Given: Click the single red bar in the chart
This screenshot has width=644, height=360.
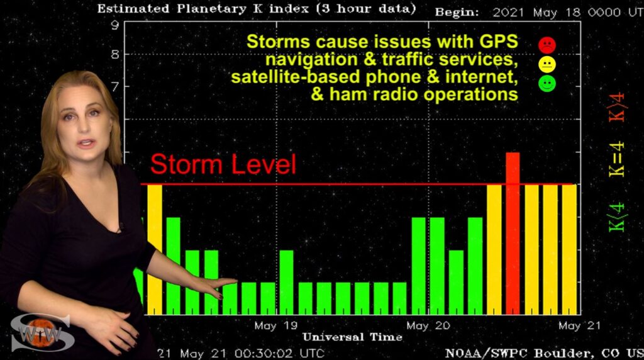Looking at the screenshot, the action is click(513, 233).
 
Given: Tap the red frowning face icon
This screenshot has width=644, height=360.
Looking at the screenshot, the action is click(547, 45).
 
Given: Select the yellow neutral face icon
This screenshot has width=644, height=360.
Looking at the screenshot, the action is click(547, 65).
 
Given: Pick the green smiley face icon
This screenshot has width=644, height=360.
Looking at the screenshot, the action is click(547, 84).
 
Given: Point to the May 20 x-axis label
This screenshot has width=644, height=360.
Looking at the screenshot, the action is click(428, 326).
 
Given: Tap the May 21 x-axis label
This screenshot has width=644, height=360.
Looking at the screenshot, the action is click(579, 326).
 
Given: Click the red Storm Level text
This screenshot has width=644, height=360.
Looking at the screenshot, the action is click(223, 164).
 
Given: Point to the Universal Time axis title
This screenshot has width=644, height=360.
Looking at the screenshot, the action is click(352, 337).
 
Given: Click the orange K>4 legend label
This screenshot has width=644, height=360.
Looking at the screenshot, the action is click(616, 107).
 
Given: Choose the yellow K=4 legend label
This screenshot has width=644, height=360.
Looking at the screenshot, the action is click(616, 159).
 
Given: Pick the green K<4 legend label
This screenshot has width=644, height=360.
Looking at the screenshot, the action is click(616, 217).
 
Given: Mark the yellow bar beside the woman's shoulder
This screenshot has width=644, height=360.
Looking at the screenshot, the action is click(155, 249).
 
